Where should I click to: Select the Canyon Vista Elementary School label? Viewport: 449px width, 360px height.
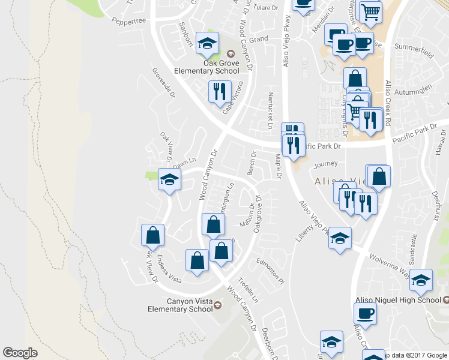tap(180, 305)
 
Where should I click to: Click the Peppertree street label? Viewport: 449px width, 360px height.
tap(129, 20)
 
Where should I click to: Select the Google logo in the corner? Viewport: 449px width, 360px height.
tap(20, 353)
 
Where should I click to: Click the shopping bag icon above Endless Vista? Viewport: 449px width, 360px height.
tap(153, 236)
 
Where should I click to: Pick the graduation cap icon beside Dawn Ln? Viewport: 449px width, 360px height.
tap(170, 179)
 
